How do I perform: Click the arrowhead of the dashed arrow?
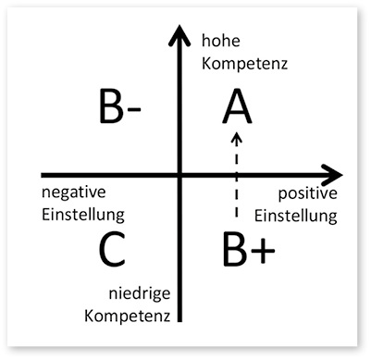[x=238, y=139]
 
